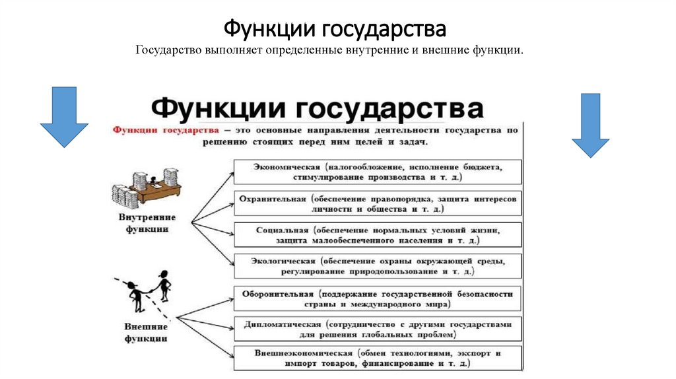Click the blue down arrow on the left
(64, 117)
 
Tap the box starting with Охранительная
(378, 203)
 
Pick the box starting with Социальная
(378, 235)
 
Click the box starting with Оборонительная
(378, 298)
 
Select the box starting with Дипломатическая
(378, 329)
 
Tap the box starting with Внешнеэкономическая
(378, 357)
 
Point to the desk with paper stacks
(147, 187)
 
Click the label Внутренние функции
(147, 223)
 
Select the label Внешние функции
(146, 332)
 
